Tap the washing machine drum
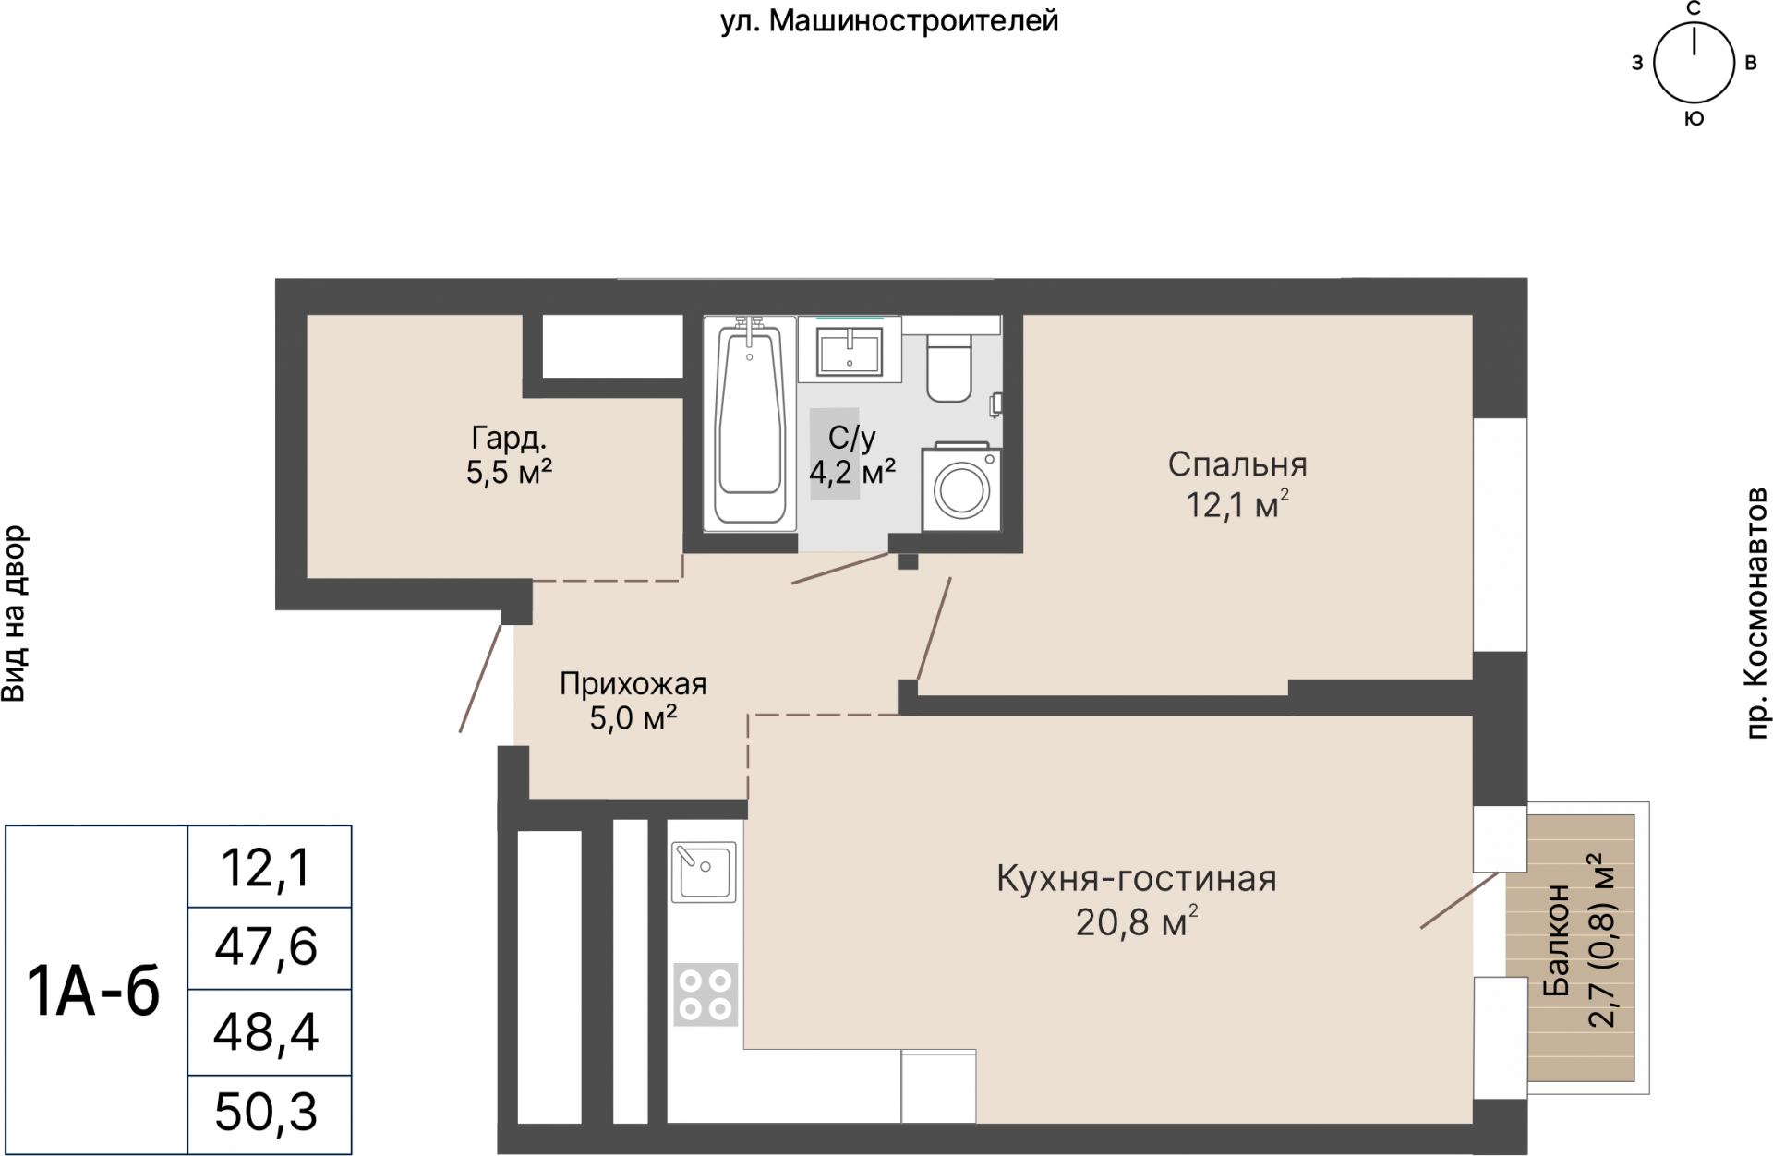tap(961, 490)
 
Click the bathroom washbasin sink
tap(850, 352)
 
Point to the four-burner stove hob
tap(706, 994)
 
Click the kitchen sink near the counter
tap(704, 872)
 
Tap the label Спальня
tap(1236, 464)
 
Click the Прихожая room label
tap(633, 684)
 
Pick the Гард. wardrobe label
tap(509, 437)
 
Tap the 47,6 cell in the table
tap(267, 948)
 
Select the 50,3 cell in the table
tap(267, 1113)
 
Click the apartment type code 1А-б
tap(94, 992)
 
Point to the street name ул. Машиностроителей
tap(888, 21)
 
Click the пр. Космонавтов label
tap(1755, 613)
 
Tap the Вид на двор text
tap(16, 614)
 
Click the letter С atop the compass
tap(1694, 9)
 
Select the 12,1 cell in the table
tap(267, 868)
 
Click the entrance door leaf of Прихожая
tap(480, 679)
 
